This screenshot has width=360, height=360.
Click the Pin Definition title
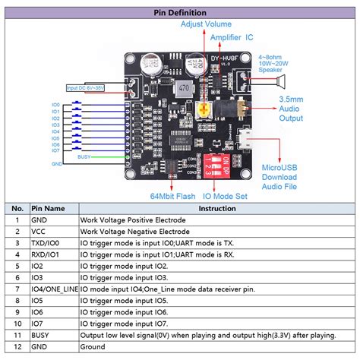coord(179,13)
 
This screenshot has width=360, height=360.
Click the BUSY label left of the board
coord(85,156)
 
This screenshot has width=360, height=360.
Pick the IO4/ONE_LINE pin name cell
coord(53,289)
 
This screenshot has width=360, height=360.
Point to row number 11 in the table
coord(15,335)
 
